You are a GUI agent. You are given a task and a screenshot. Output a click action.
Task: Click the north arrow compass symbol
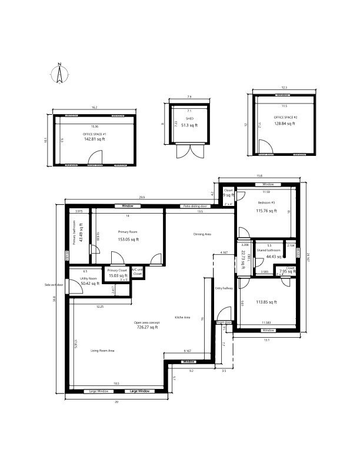click(59, 74)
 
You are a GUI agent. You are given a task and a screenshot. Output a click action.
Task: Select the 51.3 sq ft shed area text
click(189, 125)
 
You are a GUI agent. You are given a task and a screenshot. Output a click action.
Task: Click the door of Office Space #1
click(95, 157)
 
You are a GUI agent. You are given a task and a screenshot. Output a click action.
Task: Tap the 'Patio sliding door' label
click(195, 207)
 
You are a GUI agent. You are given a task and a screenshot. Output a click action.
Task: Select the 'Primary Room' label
click(127, 232)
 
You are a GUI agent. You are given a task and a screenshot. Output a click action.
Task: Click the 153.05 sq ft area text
click(128, 239)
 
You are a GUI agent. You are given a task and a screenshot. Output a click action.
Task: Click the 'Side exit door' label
click(54, 285)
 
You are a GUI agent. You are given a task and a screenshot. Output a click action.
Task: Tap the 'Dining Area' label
click(202, 234)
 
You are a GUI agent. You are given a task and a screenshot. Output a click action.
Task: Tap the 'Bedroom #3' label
click(266, 203)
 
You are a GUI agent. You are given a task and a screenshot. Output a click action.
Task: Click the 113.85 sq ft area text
click(266, 302)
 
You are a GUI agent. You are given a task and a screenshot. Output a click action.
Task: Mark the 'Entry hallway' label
click(224, 288)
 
